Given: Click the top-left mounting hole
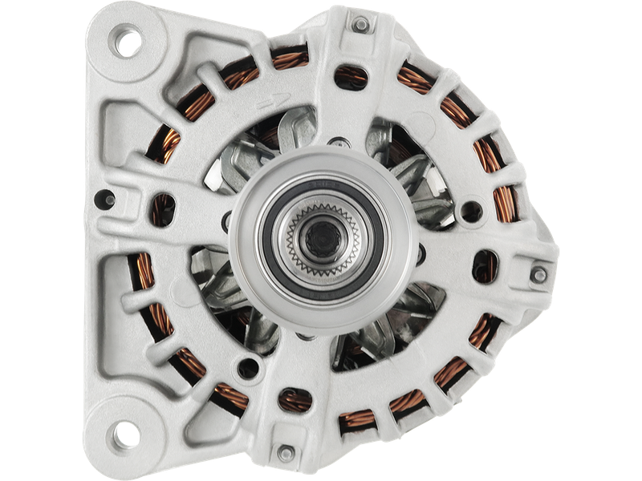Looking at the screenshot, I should click(127, 42).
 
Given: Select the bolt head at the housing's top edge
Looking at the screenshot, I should click(361, 25).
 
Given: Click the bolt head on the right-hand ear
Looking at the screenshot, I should click(539, 275).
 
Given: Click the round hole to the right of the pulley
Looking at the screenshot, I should click(472, 211).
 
